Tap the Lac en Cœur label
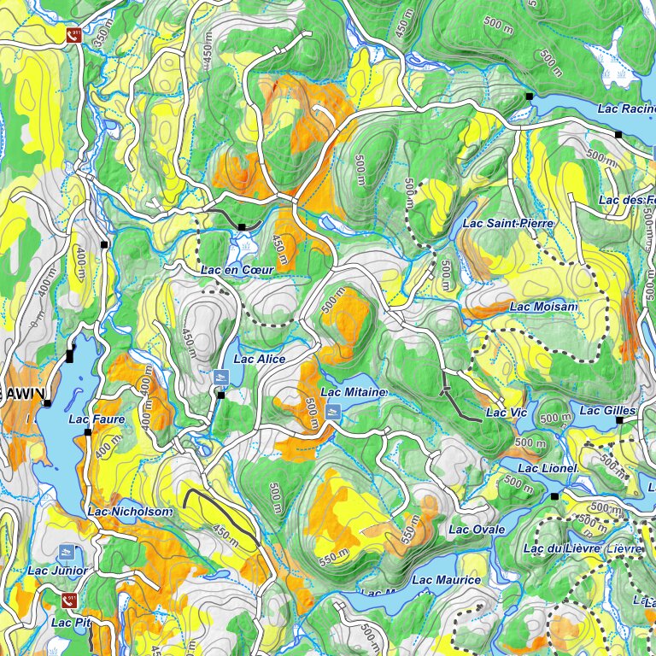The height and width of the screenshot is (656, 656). (x=237, y=270)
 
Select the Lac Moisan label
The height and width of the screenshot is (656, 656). (x=543, y=307)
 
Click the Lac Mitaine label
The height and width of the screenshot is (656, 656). (x=354, y=392)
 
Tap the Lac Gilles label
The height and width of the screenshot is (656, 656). (x=607, y=410)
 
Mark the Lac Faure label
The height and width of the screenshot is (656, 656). (x=97, y=419)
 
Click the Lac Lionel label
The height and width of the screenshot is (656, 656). (x=548, y=469)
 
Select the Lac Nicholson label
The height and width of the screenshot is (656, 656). (x=130, y=512)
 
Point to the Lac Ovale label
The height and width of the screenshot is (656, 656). (x=477, y=530)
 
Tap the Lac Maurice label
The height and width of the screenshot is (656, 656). (x=446, y=580)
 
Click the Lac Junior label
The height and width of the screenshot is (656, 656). (x=56, y=571)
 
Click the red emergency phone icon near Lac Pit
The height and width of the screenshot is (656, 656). (x=69, y=600)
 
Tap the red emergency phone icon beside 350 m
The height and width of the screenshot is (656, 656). (x=75, y=35)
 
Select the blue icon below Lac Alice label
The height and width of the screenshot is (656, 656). (x=221, y=378)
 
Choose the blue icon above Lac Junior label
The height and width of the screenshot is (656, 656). (x=67, y=553)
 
